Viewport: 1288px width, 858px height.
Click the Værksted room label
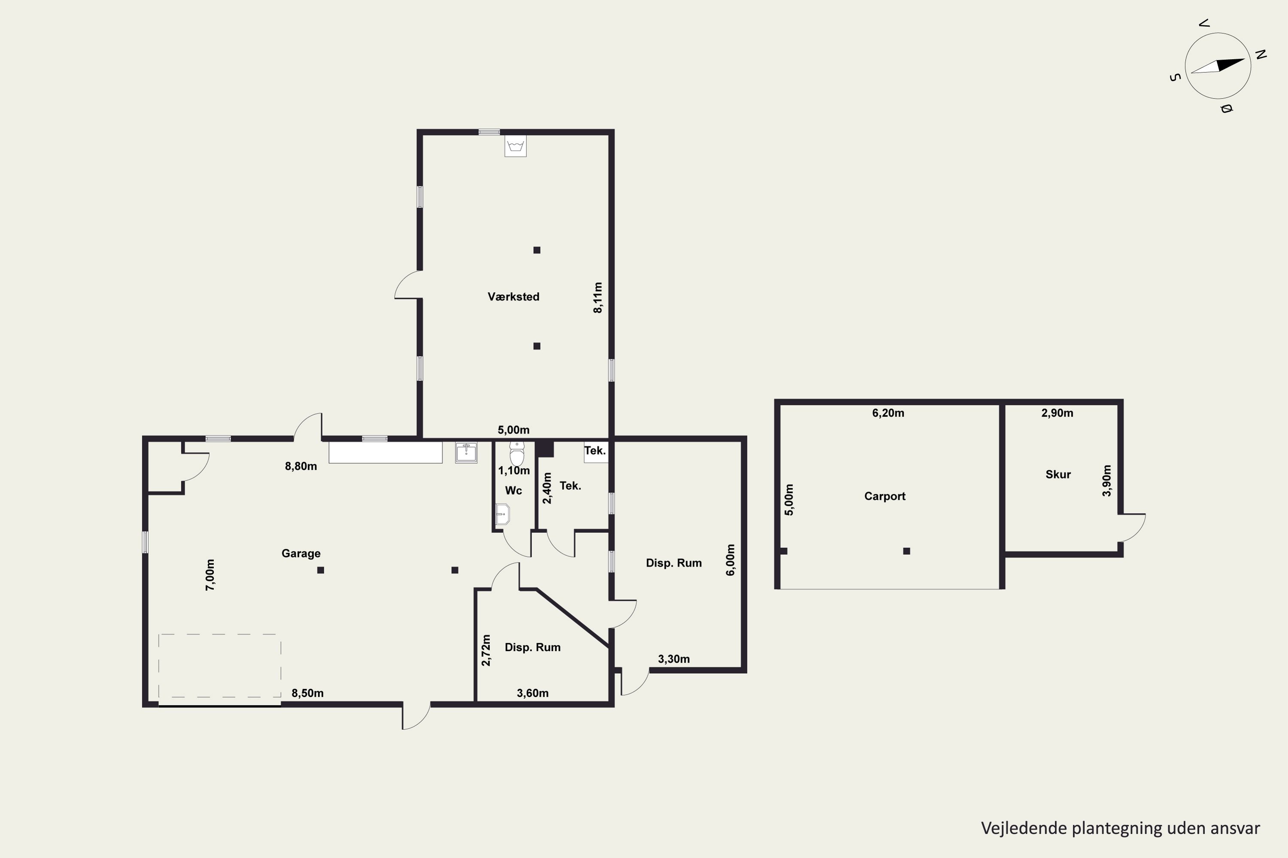(x=513, y=296)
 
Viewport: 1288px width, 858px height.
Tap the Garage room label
(x=301, y=553)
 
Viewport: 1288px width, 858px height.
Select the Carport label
(x=884, y=496)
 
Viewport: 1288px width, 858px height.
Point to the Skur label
(x=1057, y=474)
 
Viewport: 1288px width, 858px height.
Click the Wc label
(x=513, y=490)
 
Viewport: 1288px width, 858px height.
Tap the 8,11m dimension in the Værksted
(x=598, y=298)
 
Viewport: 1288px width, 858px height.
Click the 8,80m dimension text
(x=301, y=466)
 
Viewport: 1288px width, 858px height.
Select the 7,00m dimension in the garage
(x=210, y=574)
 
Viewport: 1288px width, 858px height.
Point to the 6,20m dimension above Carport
(x=888, y=413)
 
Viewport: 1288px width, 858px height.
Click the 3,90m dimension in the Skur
(x=1107, y=480)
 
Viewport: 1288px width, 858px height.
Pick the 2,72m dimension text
(x=486, y=650)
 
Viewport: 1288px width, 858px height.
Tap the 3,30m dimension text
(x=674, y=659)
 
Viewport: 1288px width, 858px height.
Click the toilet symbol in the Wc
(x=516, y=453)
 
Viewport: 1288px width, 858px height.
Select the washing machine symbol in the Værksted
(x=515, y=146)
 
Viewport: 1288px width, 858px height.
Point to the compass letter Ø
(x=1226, y=109)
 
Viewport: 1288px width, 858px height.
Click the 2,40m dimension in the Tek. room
(x=547, y=488)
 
